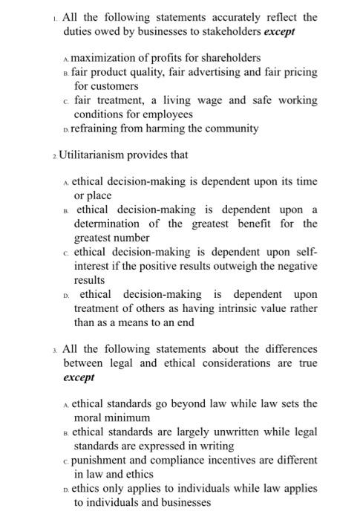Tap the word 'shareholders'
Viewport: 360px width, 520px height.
click(x=228, y=57)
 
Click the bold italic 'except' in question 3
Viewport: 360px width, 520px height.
click(x=79, y=377)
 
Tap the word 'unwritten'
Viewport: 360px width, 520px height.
click(x=214, y=432)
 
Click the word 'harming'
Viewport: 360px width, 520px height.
click(x=169, y=129)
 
